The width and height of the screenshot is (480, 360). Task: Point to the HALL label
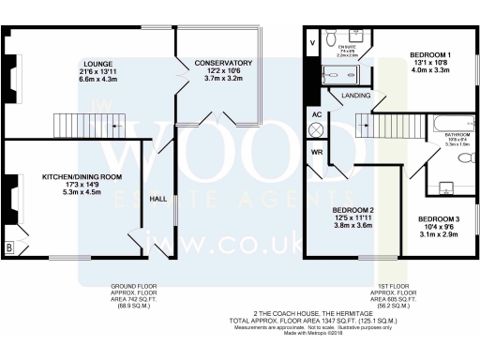pos(159,198)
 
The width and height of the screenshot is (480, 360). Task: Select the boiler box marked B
pos(10,248)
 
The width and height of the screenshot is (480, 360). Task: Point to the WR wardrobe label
pos(319,152)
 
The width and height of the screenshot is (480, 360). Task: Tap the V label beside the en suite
pos(313,43)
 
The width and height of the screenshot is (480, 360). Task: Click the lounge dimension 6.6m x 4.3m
pos(97,81)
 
